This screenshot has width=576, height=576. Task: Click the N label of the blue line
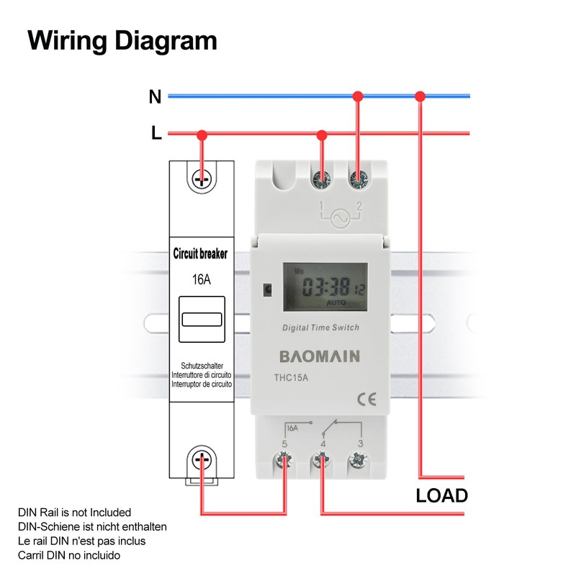[x=155, y=96]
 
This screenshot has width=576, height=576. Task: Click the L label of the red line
[x=156, y=133]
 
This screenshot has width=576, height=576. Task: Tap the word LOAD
[x=441, y=495]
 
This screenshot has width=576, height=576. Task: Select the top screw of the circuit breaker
[x=203, y=177]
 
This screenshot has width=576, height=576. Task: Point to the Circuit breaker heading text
[x=201, y=254]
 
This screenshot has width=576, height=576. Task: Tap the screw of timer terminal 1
[x=321, y=177]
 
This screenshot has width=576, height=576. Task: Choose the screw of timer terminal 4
[x=321, y=459]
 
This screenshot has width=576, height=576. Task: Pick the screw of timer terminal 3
[x=357, y=459]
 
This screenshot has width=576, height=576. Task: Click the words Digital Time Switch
[x=320, y=328]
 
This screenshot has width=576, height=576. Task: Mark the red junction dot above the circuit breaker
[x=202, y=134]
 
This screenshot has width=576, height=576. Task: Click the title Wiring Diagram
[x=122, y=40]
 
